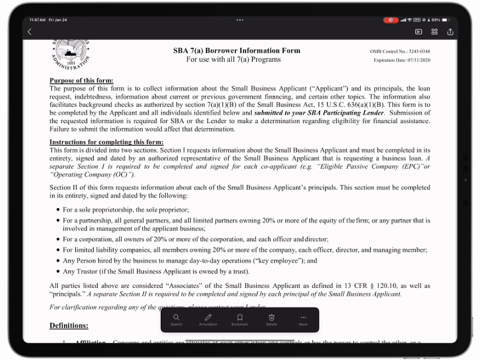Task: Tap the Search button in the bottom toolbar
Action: pyautogui.click(x=176, y=319)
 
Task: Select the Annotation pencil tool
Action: pyautogui.click(x=208, y=319)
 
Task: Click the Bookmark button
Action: pyautogui.click(x=240, y=319)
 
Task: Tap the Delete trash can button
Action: pyautogui.click(x=271, y=319)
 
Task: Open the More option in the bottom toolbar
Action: pyautogui.click(x=304, y=319)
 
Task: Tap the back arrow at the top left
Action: pyautogui.click(x=30, y=32)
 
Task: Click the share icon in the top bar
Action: pyautogui.click(x=450, y=32)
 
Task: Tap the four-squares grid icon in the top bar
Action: pyautogui.click(x=434, y=32)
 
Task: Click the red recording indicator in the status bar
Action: pyautogui.click(x=391, y=20)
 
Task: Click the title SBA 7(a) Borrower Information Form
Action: pyautogui.click(x=237, y=50)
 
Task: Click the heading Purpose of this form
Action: pyautogui.click(x=81, y=80)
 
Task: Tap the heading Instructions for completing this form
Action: pyautogui.click(x=106, y=142)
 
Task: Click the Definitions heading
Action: pyautogui.click(x=69, y=325)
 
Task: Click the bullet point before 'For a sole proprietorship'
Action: pyautogui.click(x=57, y=210)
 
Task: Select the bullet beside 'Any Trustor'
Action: pyautogui.click(x=57, y=272)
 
